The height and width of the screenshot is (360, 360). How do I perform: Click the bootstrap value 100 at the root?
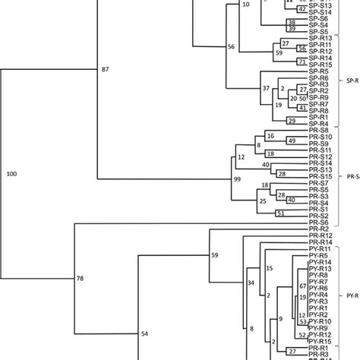pos(11,175)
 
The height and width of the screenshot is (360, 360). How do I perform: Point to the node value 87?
pos(106,69)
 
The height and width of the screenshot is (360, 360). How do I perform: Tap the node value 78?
pos(81,280)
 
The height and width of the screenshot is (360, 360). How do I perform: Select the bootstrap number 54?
pos(144,333)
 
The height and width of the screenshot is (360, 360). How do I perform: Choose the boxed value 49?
pos(291,141)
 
